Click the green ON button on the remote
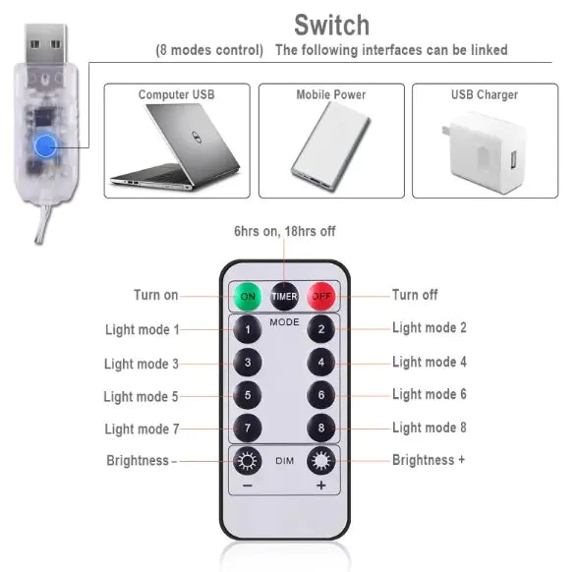247,295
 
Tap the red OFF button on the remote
321,295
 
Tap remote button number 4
320,362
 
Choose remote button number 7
248,429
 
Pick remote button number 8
320,429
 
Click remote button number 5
248,395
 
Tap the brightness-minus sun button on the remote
248,461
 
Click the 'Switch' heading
331,25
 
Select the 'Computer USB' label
176,95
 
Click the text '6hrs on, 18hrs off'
284,231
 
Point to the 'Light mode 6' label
430,394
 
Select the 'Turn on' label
156,295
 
